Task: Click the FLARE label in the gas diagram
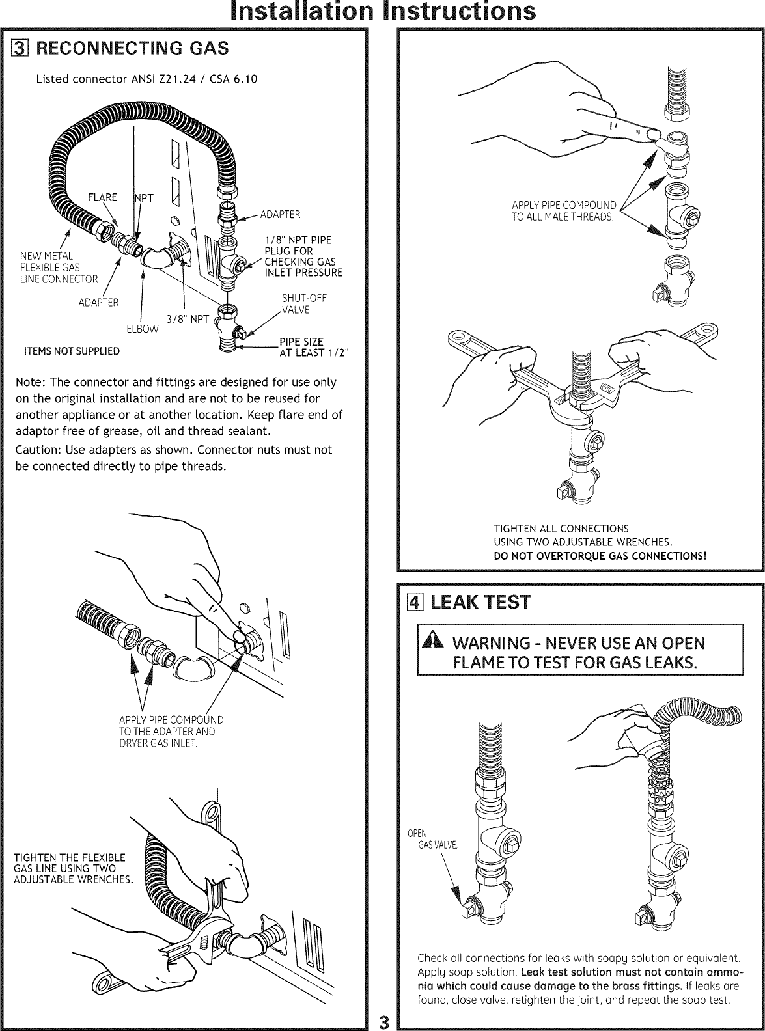point(103,198)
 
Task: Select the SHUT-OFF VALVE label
point(304,304)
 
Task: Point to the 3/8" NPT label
point(188,319)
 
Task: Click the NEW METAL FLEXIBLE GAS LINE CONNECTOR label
point(59,267)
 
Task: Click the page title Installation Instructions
point(382,12)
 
